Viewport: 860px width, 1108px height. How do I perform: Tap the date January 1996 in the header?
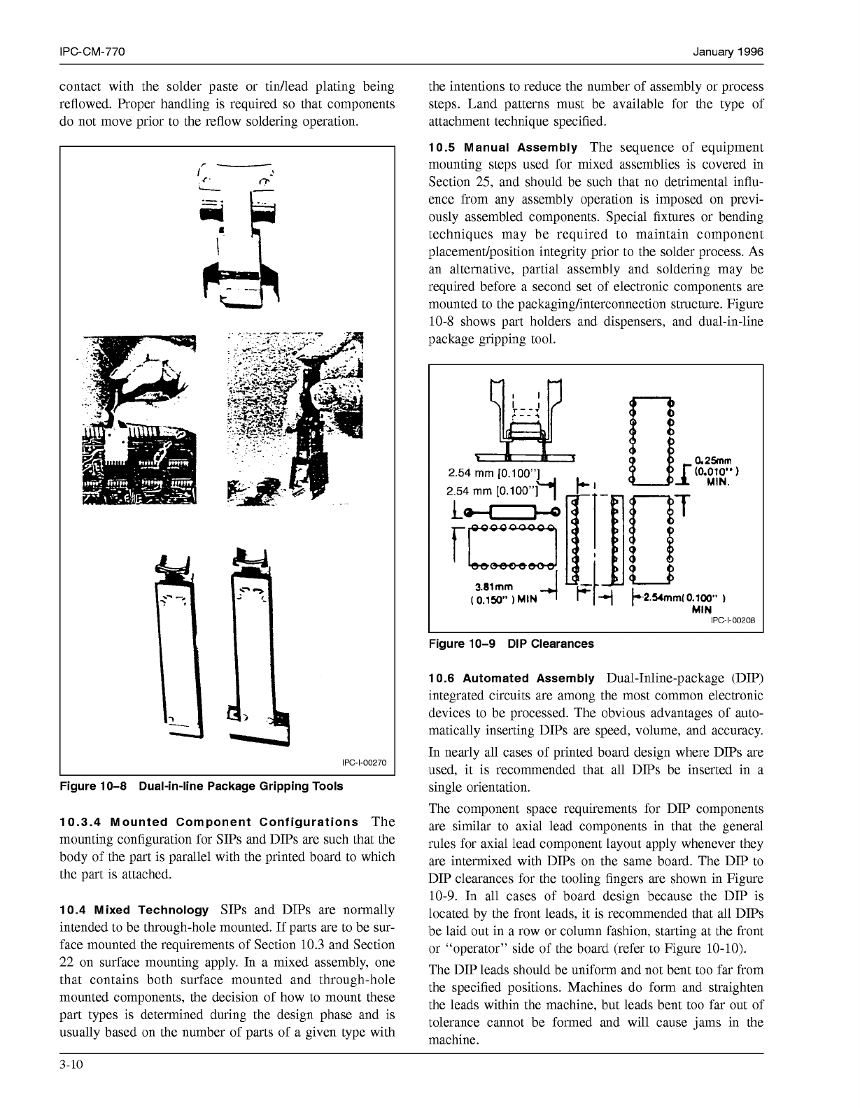click(728, 52)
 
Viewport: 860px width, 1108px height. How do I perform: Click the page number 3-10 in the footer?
click(71, 1065)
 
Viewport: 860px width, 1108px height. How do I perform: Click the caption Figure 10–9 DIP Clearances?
click(510, 644)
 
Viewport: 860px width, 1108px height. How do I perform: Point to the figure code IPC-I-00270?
click(364, 762)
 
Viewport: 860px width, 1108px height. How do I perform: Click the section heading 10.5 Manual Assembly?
click(502, 148)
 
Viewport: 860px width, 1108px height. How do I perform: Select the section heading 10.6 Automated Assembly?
click(511, 679)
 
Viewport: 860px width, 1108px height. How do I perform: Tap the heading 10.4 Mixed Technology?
click(134, 910)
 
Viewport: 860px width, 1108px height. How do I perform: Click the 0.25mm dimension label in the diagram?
click(712, 461)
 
